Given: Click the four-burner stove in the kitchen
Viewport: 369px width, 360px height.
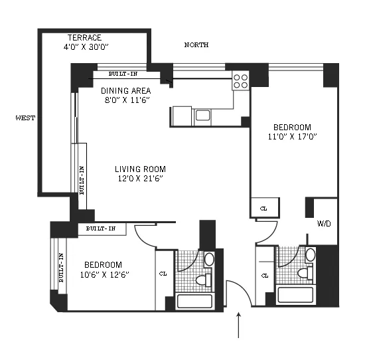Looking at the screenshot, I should click(240, 81).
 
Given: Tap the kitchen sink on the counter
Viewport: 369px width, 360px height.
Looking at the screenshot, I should click(202, 116).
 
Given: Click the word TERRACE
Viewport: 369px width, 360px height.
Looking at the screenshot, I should click(84, 38).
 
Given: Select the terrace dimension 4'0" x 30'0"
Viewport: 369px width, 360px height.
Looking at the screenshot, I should click(86, 47).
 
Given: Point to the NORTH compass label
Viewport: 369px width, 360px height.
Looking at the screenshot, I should click(196, 45).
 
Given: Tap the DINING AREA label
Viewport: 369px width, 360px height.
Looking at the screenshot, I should click(125, 90).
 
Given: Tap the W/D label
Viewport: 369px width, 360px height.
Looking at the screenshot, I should click(324, 223).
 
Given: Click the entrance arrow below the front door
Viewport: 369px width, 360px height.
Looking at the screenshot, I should click(238, 325).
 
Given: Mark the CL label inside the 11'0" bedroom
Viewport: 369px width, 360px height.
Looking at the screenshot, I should click(263, 209).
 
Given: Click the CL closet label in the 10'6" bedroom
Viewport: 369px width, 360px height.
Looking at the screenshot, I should click(163, 273).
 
